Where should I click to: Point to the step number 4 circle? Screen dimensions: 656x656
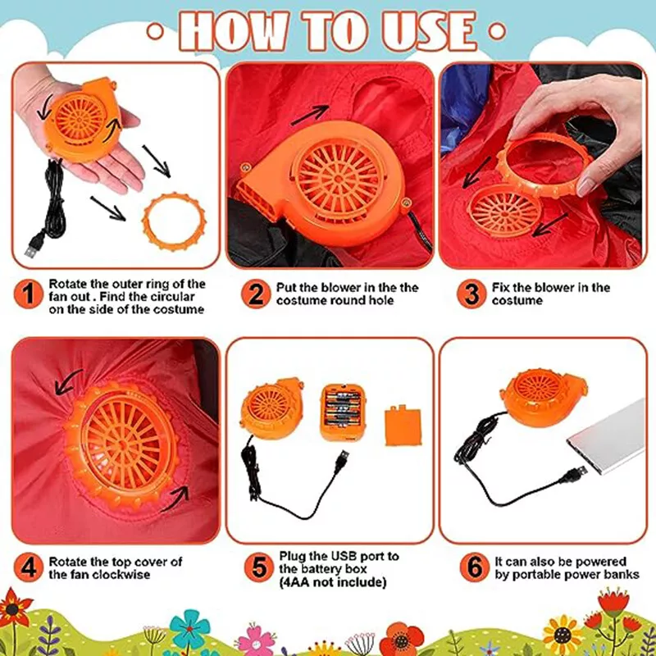[28, 567]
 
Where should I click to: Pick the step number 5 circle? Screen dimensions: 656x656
[259, 567]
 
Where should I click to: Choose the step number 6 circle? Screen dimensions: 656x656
[475, 567]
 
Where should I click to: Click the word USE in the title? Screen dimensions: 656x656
[429, 31]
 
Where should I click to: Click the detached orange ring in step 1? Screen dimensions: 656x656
[144, 221]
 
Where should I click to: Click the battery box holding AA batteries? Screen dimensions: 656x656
[343, 413]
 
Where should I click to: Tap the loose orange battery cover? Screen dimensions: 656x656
[403, 424]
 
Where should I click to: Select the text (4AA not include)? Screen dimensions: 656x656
[333, 582]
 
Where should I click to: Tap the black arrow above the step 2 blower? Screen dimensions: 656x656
[310, 115]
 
